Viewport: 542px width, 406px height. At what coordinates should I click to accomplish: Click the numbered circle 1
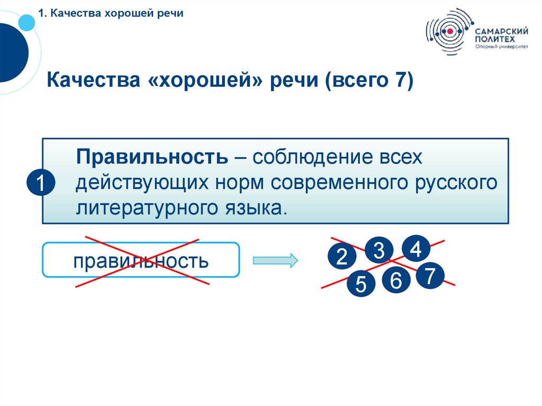(40, 184)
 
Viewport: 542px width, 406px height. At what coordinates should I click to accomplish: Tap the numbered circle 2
(341, 257)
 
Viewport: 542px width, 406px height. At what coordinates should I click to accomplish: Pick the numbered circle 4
(415, 249)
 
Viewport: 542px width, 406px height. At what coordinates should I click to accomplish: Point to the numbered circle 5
(360, 285)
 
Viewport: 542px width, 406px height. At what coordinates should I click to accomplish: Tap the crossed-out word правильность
(141, 260)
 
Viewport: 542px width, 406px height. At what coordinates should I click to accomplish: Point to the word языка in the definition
(253, 207)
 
